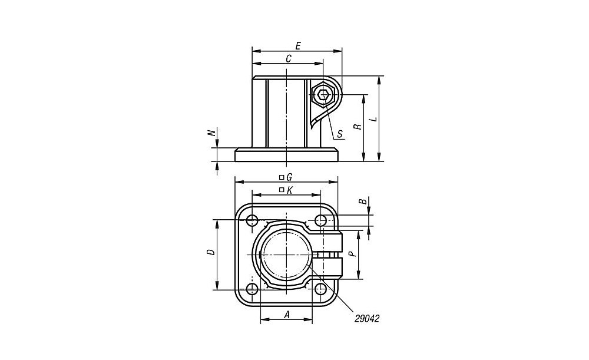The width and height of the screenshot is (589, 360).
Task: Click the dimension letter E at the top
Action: [297, 46]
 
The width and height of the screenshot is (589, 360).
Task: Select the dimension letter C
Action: [289, 59]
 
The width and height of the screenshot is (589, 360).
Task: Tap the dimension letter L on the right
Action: [373, 119]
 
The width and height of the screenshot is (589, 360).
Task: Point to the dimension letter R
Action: [359, 127]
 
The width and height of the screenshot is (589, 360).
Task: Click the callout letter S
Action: [340, 134]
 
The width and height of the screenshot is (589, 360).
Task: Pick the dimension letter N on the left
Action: [212, 133]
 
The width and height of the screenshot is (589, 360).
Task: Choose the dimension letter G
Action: [289, 177]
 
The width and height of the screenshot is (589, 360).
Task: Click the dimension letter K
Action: [289, 190]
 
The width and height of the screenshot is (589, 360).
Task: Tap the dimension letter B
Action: [363, 202]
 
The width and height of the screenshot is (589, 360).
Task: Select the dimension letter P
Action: [352, 255]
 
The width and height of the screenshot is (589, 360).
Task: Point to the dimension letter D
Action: [212, 252]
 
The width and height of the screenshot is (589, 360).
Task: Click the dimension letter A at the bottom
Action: [287, 315]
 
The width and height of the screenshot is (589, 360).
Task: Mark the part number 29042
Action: [367, 319]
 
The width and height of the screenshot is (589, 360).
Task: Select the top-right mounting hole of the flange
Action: [320, 220]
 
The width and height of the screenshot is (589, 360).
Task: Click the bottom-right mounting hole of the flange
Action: [320, 289]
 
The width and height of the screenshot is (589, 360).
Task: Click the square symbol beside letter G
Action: [282, 177]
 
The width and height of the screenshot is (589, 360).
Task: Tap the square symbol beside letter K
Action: [282, 190]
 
